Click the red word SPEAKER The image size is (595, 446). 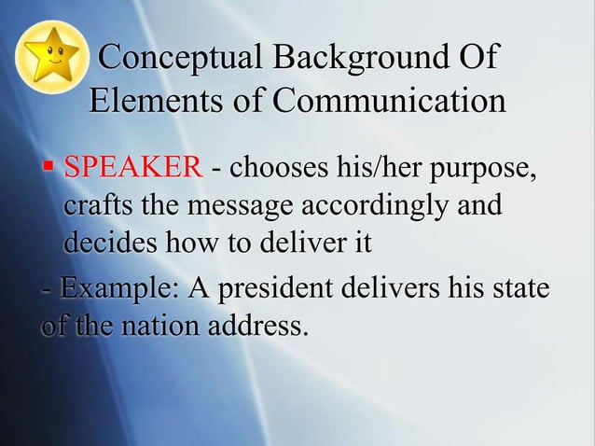pyautogui.click(x=131, y=169)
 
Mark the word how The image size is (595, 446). pyautogui.click(x=188, y=244)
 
